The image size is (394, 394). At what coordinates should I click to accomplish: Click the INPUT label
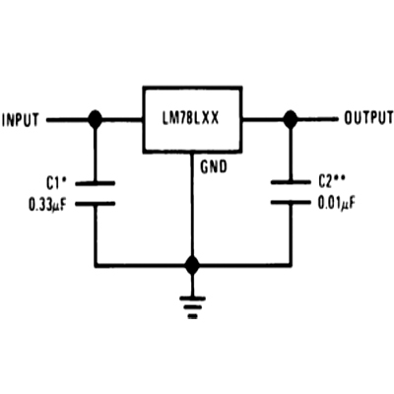pos(21,120)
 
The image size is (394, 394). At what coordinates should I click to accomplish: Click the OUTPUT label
pos(368,118)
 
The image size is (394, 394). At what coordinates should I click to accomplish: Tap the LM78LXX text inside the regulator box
pos(190,118)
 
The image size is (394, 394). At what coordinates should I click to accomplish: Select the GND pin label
pos(214,166)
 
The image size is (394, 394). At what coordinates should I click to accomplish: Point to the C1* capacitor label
pos(56,184)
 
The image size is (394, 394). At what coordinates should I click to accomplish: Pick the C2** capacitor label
pos(331,181)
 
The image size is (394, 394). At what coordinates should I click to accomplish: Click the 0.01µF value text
pos(337,204)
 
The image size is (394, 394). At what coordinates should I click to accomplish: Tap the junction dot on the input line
pos(96,119)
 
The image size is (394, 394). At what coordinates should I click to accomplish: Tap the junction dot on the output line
pos(291,119)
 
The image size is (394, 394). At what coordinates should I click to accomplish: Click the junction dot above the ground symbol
pos(192,265)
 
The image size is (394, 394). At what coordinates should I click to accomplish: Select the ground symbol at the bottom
pos(192,307)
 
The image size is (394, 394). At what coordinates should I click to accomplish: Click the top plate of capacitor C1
pos(96,183)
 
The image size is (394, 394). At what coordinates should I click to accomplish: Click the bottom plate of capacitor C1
pos(96,204)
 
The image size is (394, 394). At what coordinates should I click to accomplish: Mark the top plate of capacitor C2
pos(291,182)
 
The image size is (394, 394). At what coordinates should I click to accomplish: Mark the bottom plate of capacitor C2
pos(291,202)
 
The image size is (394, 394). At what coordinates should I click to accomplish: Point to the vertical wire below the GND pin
pos(192,205)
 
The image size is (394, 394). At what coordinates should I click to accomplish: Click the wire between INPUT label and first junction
pos(68,120)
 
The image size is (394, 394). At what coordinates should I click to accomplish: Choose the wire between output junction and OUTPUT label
pos(317,120)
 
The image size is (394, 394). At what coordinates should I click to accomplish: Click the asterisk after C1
pos(64,180)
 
